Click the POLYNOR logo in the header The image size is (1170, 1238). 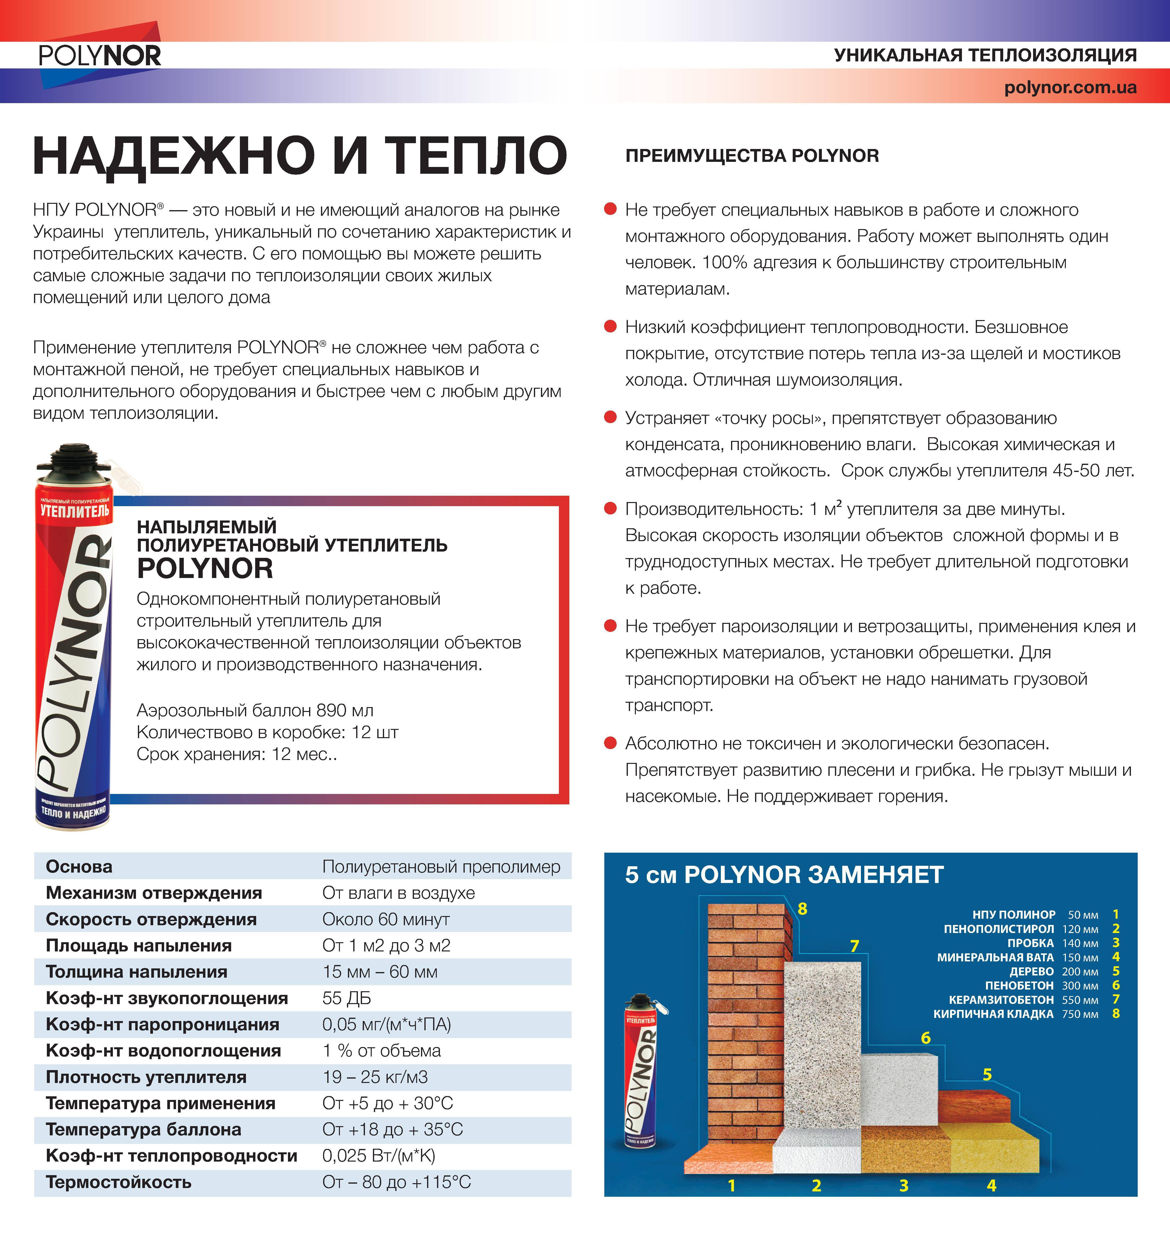pos(100,56)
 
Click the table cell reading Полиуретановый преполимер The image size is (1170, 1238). pos(441,867)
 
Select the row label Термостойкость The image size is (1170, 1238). pos(118,1182)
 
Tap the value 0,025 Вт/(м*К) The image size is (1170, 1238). pos(379,1156)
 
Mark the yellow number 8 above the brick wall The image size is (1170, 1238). pos(802,909)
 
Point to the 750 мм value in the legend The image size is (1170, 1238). pos(1080,1014)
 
